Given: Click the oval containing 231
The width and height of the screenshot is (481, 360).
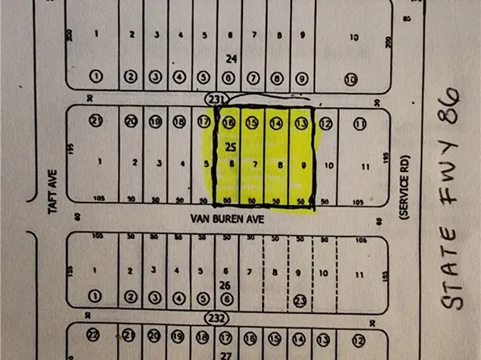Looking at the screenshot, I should [x=215, y=98].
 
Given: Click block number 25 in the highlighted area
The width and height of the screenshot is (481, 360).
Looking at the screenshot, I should [x=230, y=148].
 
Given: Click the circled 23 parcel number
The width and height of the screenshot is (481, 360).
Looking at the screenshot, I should [x=301, y=299].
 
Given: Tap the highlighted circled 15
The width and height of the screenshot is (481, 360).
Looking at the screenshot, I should [x=253, y=123].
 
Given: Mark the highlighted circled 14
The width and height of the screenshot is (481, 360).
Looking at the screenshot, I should [x=276, y=123].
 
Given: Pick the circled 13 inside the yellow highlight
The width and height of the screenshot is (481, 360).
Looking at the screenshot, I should [x=301, y=123].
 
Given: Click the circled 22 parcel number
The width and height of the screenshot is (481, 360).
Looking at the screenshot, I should [x=94, y=335].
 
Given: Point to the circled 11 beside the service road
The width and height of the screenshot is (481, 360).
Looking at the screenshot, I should [x=360, y=123].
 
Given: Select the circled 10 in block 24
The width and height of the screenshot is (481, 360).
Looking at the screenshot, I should [x=350, y=78].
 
